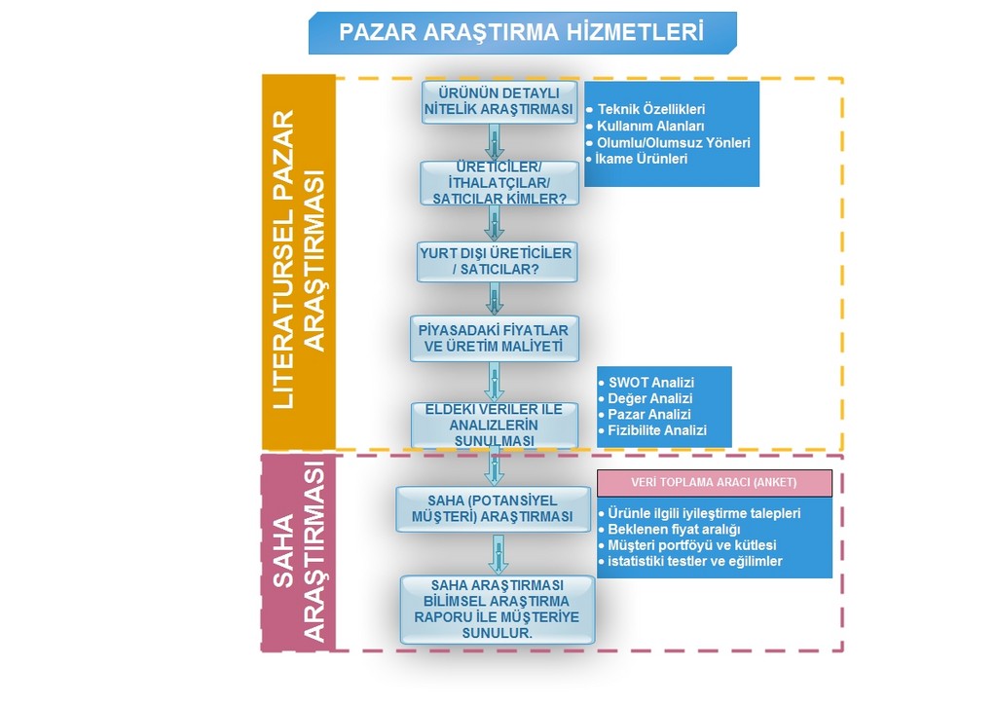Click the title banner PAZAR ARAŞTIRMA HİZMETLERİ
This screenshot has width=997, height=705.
(522, 32)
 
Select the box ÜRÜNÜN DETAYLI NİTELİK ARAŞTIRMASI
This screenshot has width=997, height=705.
(499, 101)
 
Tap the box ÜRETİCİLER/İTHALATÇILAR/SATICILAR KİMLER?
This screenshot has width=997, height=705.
(499, 183)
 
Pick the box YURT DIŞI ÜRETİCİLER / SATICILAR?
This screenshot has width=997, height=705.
(497, 261)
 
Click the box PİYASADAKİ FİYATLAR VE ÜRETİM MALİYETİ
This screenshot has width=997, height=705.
(494, 339)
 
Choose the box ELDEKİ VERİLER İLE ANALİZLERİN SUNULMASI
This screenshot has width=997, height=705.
(494, 425)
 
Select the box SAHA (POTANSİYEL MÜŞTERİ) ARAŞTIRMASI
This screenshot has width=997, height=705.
(493, 508)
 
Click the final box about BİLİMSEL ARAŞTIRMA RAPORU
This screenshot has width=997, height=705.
(498, 610)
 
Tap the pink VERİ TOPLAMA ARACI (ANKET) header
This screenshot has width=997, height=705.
(714, 483)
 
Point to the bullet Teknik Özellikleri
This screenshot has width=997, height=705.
(646, 109)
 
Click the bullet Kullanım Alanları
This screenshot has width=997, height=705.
(646, 126)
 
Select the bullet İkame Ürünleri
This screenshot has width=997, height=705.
(637, 159)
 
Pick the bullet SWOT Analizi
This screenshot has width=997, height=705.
(646, 383)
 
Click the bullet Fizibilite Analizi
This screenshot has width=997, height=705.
(653, 430)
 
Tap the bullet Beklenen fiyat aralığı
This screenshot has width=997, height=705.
(670, 530)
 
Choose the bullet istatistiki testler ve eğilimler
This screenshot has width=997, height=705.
(690, 561)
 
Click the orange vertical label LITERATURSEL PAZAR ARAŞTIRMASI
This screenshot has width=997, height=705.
(299, 261)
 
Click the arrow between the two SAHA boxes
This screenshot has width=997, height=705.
(498, 554)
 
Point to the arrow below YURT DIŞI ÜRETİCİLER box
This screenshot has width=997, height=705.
(495, 299)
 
